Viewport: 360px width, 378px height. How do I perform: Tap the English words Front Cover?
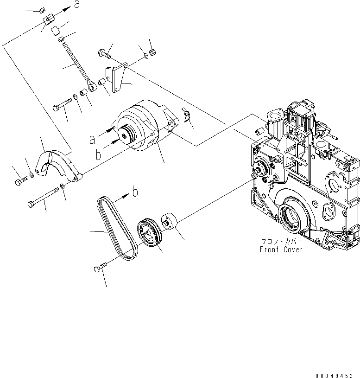tap(281, 249)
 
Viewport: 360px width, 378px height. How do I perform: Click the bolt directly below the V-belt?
tap(101, 269)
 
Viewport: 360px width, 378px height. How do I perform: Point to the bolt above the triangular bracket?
tap(105, 55)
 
